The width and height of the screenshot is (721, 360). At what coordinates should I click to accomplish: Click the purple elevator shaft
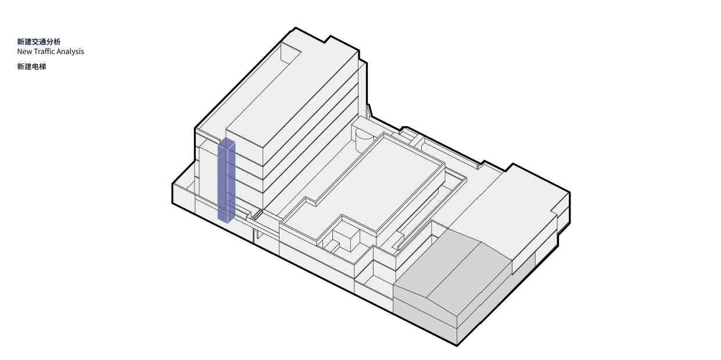227,180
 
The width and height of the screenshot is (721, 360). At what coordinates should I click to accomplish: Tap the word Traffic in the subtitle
44,52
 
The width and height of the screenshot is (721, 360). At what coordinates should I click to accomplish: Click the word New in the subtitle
24,52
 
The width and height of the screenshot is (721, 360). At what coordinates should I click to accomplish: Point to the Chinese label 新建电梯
31,67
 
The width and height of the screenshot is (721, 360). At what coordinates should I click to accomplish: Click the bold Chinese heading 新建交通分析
38,41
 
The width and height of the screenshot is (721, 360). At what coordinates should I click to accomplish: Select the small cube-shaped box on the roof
346,240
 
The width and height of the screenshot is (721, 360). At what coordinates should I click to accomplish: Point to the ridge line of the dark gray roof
454,269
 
